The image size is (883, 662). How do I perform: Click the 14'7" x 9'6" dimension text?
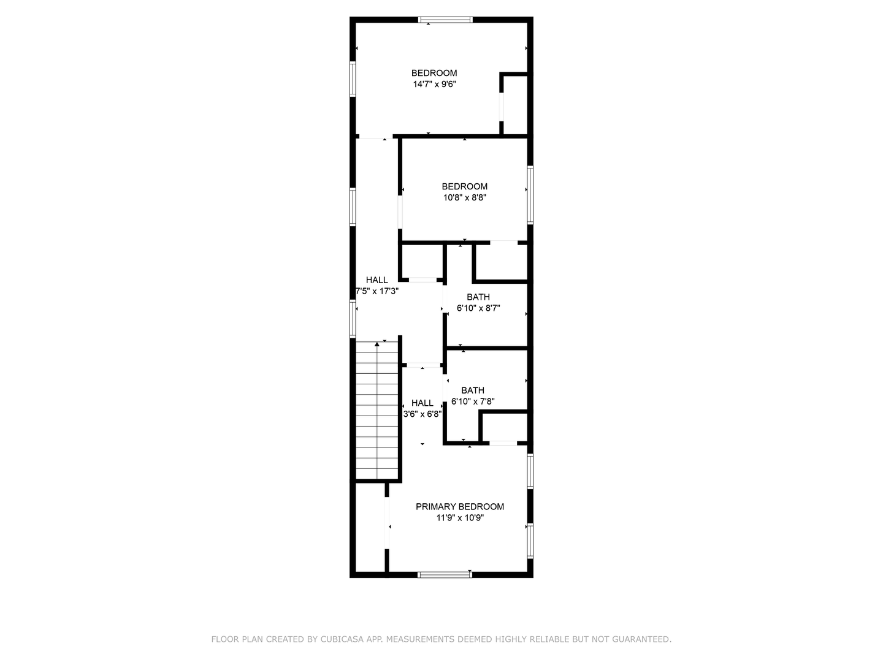434,85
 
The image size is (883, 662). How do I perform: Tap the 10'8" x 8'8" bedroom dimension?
465,198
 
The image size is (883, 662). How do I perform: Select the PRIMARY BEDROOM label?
460,506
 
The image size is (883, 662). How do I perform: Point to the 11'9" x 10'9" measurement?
460,518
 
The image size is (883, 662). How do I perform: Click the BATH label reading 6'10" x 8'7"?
478,297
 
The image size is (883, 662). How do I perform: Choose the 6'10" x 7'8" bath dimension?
473,402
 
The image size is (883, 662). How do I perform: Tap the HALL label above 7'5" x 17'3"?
377,280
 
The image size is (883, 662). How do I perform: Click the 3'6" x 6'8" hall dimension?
422,414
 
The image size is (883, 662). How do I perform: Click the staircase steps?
378,417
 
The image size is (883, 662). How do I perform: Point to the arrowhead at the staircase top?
377,344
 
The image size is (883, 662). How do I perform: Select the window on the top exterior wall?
446,20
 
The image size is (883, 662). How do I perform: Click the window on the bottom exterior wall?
445,574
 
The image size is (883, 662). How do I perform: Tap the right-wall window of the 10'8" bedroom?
530,194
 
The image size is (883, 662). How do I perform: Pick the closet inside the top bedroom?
515,104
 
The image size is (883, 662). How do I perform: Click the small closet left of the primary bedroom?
370,528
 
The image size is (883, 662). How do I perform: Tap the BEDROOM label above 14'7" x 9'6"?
434,73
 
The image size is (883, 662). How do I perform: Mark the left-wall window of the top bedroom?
353,79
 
